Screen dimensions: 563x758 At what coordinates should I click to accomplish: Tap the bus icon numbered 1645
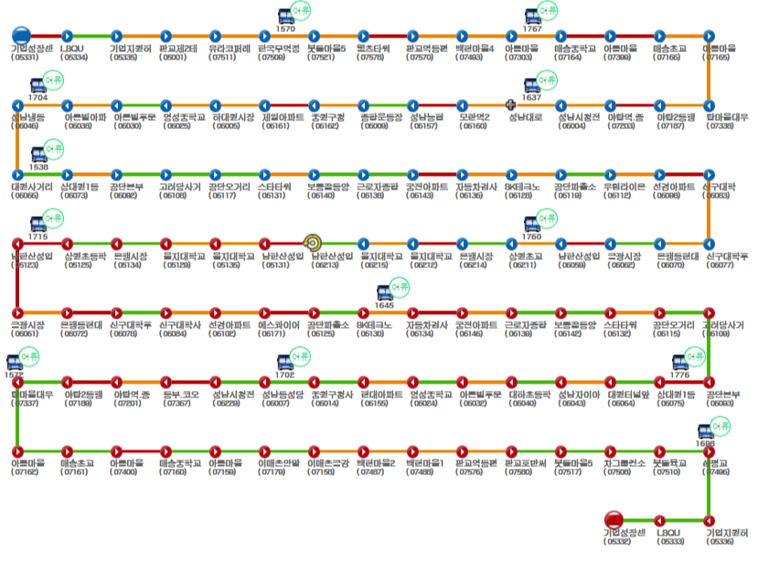pos(385,293)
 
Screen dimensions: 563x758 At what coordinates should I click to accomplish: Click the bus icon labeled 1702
pos(284,363)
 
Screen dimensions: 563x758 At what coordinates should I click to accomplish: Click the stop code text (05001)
pos(174,57)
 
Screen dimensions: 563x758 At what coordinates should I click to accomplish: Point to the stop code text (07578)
pos(371,57)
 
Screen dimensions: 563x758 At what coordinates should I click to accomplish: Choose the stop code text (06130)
pos(371,334)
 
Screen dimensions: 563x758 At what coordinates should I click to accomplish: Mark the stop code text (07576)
pos(471,472)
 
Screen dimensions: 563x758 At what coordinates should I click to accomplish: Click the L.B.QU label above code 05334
pos(71,48)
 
